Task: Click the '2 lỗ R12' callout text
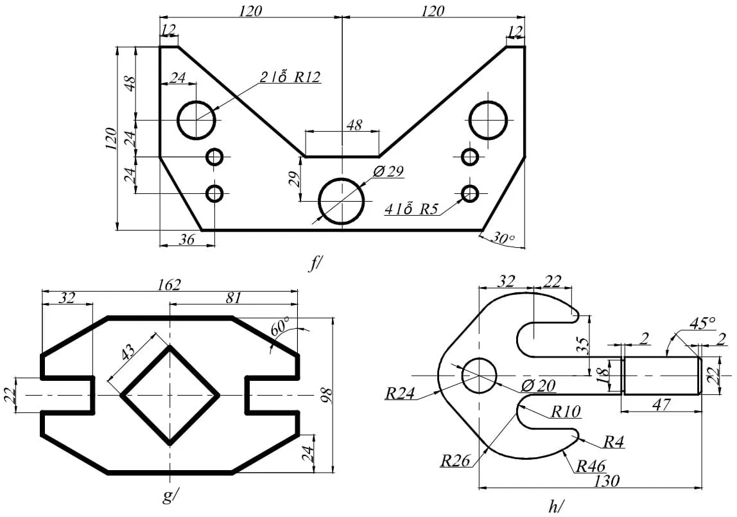tap(290, 77)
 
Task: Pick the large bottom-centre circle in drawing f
tap(342, 201)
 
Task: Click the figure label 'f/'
tap(315, 263)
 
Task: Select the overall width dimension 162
tap(169, 284)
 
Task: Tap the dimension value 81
tap(234, 299)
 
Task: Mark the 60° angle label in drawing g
tap(280, 327)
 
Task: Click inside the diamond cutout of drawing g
tap(169, 395)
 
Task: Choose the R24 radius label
tap(399, 393)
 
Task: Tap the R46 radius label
tap(591, 466)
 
